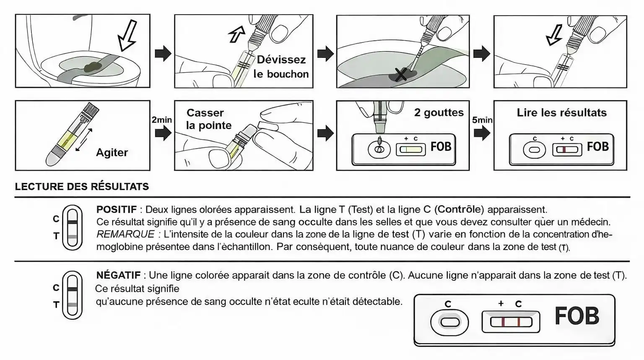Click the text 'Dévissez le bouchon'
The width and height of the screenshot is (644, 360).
coord(281,67)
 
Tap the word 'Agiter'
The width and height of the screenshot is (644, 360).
coord(112,152)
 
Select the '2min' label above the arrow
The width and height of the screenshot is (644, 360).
coord(161,120)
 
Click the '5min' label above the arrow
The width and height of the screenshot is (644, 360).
coord(482,120)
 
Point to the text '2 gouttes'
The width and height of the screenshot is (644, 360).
coord(439,112)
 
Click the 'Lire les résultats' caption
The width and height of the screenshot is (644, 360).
coord(561,112)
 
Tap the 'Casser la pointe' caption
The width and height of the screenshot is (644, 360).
coord(208,119)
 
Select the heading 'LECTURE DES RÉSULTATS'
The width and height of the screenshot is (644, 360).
coord(82,187)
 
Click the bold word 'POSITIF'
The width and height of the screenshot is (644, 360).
coord(117,209)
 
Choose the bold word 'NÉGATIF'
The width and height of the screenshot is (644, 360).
coord(118,275)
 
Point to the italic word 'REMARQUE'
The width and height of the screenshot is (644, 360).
coord(125,234)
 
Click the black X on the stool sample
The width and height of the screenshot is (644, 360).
coord(401,76)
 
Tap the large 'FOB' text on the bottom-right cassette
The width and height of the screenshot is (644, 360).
coord(576,316)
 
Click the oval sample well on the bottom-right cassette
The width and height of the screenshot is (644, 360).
coord(449,322)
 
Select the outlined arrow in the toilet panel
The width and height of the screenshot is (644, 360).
coord(127,36)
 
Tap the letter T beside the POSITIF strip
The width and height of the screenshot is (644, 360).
coord(56,236)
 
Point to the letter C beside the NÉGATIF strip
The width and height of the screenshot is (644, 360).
coord(56,288)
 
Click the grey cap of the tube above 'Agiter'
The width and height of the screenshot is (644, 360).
coord(91,110)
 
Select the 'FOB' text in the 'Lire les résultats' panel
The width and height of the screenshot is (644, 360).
coord(597,147)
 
